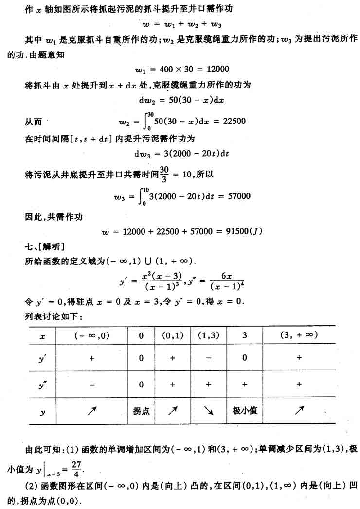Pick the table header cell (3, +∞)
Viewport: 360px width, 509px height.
coord(299,335)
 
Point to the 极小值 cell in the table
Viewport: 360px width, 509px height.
coord(245,411)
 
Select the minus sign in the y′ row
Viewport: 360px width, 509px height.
coord(209,358)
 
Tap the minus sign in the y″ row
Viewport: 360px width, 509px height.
coord(91,384)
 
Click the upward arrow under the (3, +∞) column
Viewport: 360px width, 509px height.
coord(299,411)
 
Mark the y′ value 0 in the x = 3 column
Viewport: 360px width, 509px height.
coord(245,358)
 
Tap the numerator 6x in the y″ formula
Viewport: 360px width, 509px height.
coord(225,276)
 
